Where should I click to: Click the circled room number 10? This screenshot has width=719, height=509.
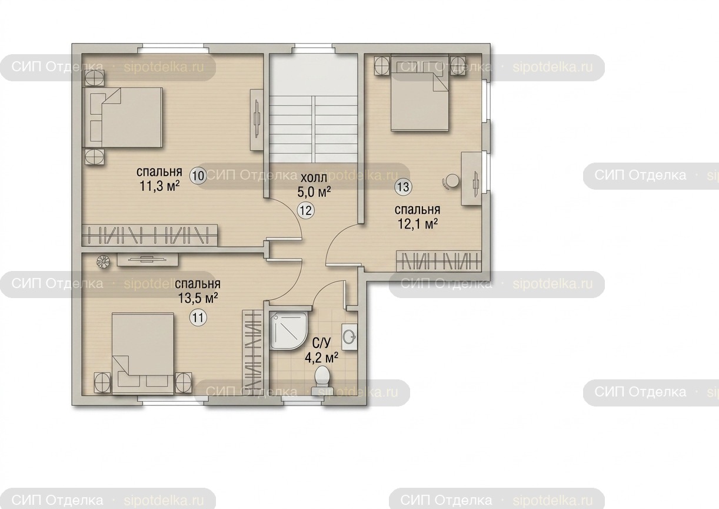pyautogui.click(x=198, y=176)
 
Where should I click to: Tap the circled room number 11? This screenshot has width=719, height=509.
pyautogui.click(x=198, y=318)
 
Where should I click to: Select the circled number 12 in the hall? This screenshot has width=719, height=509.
pyautogui.click(x=305, y=210)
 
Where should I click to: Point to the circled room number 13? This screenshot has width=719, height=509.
pyautogui.click(x=403, y=187)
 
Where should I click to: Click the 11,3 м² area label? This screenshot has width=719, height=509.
pyautogui.click(x=159, y=186)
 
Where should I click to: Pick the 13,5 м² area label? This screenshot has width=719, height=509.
pyautogui.click(x=198, y=298)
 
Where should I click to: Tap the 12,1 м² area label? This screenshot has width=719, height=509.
pyautogui.click(x=418, y=224)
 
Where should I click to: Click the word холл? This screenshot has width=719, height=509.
pyautogui.click(x=314, y=177)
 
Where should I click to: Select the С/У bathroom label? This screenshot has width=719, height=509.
pyautogui.click(x=321, y=343)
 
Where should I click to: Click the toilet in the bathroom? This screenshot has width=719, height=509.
pyautogui.click(x=321, y=379)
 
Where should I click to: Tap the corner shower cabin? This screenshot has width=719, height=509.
pyautogui.click(x=288, y=330)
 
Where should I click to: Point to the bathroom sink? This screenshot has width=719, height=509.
pyautogui.click(x=349, y=337)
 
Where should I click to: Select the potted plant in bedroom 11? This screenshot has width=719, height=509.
pyautogui.click(x=104, y=262)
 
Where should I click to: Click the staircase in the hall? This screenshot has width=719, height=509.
pyautogui.click(x=313, y=130)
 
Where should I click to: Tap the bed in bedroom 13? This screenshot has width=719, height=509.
pyautogui.click(x=420, y=93)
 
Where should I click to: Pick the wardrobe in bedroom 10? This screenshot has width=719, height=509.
pyautogui.click(x=149, y=236)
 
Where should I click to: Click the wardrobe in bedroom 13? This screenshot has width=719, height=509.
pyautogui.click(x=439, y=260)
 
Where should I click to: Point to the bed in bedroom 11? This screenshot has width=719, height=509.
pyautogui.click(x=143, y=354)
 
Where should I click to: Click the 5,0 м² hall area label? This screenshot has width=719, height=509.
pyautogui.click(x=314, y=192)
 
